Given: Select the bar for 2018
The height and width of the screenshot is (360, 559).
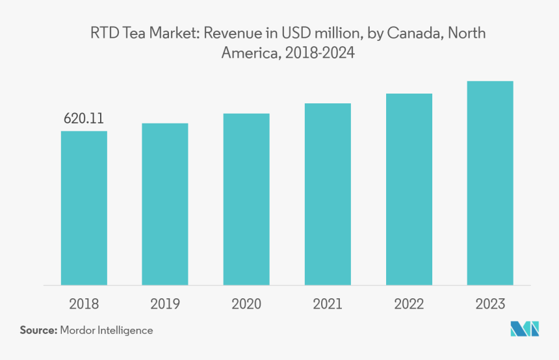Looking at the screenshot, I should (x=84, y=208).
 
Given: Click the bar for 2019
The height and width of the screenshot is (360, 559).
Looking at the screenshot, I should (x=165, y=204).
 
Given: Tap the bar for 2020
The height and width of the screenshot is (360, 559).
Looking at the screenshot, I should (x=246, y=199).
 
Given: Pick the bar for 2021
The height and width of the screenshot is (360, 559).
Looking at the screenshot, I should (x=328, y=194).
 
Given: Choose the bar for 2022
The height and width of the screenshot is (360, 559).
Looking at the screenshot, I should (x=409, y=189).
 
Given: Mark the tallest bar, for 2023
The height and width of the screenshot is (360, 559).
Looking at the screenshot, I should (x=490, y=183).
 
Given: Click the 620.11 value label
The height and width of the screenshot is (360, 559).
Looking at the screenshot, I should (x=84, y=119).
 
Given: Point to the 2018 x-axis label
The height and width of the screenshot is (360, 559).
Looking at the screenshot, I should (x=84, y=304).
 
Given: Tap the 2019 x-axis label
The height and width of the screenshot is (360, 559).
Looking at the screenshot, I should (x=165, y=304).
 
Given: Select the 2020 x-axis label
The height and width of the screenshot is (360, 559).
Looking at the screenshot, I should (x=246, y=304).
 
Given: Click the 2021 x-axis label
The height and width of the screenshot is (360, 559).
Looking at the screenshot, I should (x=328, y=304).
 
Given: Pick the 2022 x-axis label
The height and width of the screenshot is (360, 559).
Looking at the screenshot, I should (x=409, y=304).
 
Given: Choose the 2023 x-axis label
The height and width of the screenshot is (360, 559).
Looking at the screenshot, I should (x=490, y=304).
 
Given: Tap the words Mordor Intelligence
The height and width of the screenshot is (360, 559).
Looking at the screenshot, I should (x=107, y=330).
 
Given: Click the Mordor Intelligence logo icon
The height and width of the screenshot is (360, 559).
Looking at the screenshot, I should (x=525, y=329).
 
